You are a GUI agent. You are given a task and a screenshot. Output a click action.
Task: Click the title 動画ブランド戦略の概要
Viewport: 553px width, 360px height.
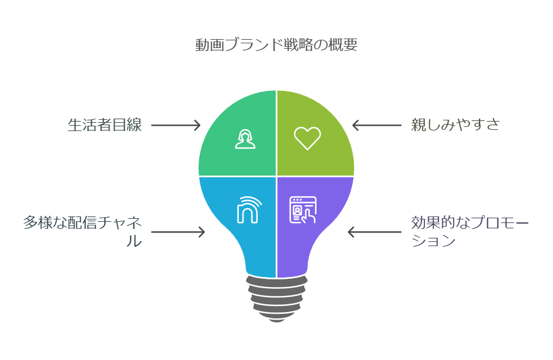[276, 45]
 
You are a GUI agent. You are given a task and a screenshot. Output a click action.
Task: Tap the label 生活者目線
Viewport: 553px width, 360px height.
[104, 125]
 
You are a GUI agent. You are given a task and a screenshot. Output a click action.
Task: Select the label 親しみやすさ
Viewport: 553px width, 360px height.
[456, 125]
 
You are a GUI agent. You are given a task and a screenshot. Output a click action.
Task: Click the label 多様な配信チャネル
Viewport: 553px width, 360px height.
[83, 224]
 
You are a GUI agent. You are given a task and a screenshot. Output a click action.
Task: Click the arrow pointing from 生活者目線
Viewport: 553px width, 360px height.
[175, 125]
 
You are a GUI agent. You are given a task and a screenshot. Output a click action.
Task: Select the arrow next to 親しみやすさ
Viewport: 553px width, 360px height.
[376, 125]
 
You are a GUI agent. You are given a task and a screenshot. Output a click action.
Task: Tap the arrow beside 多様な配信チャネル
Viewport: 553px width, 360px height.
[178, 232]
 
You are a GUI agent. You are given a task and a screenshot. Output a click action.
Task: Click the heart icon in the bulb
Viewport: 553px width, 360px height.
[307, 138]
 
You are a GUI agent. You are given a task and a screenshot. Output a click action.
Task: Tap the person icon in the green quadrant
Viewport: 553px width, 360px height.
[245, 138]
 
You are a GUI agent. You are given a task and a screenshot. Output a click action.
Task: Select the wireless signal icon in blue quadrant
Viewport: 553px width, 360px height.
[247, 209]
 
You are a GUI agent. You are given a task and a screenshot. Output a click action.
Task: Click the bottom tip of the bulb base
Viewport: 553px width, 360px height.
[276, 320]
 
